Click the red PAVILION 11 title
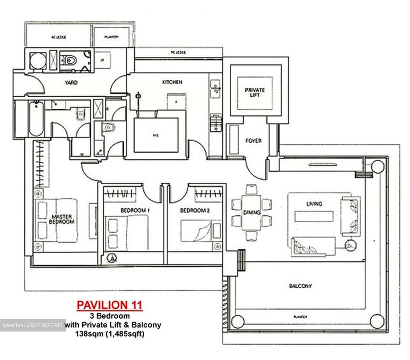coord(109,305)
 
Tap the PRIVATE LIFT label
coord(254,92)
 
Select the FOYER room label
coord(253,141)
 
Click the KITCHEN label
coord(172,82)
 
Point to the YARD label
coord(71,83)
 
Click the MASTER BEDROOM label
coord(62,219)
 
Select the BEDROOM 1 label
coord(135,210)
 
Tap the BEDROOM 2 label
coord(195,210)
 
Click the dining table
coord(251,212)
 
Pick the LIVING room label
coord(314,204)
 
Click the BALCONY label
coord(300,286)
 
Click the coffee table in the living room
coord(314,216)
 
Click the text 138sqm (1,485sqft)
coord(109,334)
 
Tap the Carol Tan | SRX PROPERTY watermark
coord(33,325)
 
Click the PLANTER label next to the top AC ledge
coord(111,37)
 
